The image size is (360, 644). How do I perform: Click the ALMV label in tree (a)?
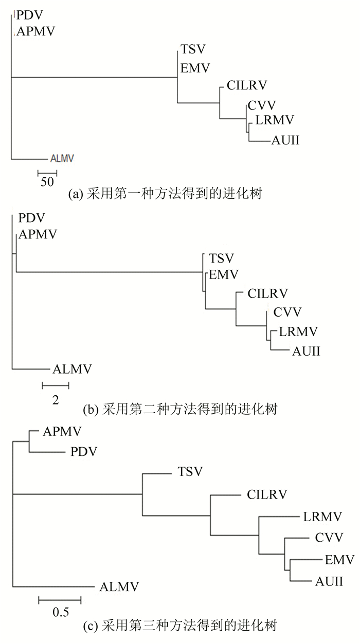point(62,158)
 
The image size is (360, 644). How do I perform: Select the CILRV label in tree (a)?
point(247,85)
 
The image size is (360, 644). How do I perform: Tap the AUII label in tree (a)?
point(285,140)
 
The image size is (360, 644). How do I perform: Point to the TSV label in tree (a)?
point(193,49)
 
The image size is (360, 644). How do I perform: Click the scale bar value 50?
point(47,182)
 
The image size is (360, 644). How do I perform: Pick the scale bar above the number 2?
point(56,385)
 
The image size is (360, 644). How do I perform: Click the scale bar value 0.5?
point(61,612)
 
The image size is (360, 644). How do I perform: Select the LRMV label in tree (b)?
point(298,332)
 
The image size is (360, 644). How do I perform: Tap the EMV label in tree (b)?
point(224,274)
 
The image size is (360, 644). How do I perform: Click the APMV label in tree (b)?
point(38,234)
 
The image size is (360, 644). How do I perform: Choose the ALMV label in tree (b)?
point(72,369)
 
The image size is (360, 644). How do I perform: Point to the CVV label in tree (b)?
point(287,312)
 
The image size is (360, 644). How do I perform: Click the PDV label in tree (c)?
point(84,452)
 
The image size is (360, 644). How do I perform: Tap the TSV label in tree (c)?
point(190,471)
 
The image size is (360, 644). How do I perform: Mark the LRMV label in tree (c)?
point(322,517)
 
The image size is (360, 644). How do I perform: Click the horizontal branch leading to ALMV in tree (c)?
point(53,587)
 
